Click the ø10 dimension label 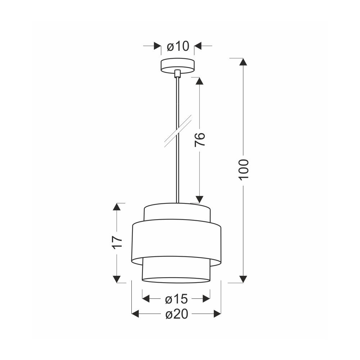tap(178, 46)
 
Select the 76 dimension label tap(200, 139)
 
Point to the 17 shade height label tap(117, 242)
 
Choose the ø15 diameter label tap(176, 299)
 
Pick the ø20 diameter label tap(177, 314)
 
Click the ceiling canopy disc tap(177, 66)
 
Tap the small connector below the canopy tap(177, 74)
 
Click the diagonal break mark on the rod tap(178, 131)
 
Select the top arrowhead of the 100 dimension tap(243, 62)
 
